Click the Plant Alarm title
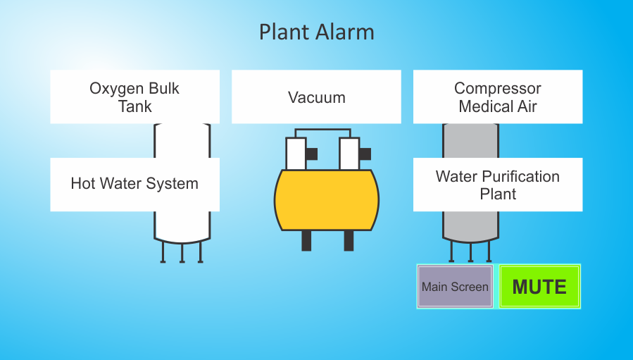tap(317, 32)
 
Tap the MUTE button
tap(540, 287)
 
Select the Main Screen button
tap(455, 287)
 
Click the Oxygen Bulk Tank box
tap(134, 97)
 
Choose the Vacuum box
tap(317, 97)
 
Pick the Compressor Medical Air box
tap(498, 97)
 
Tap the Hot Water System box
tap(134, 185)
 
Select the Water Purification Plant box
tap(498, 185)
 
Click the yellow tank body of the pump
tap(327, 200)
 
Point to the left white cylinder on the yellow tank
tap(296, 154)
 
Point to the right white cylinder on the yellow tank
tap(349, 154)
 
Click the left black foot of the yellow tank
tap(306, 241)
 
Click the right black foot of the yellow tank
tap(349, 241)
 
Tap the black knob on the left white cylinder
tap(312, 154)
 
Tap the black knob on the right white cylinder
tap(365, 154)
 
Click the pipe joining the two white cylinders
tap(322, 130)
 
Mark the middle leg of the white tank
tap(182, 253)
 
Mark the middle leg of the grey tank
tap(471, 252)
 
